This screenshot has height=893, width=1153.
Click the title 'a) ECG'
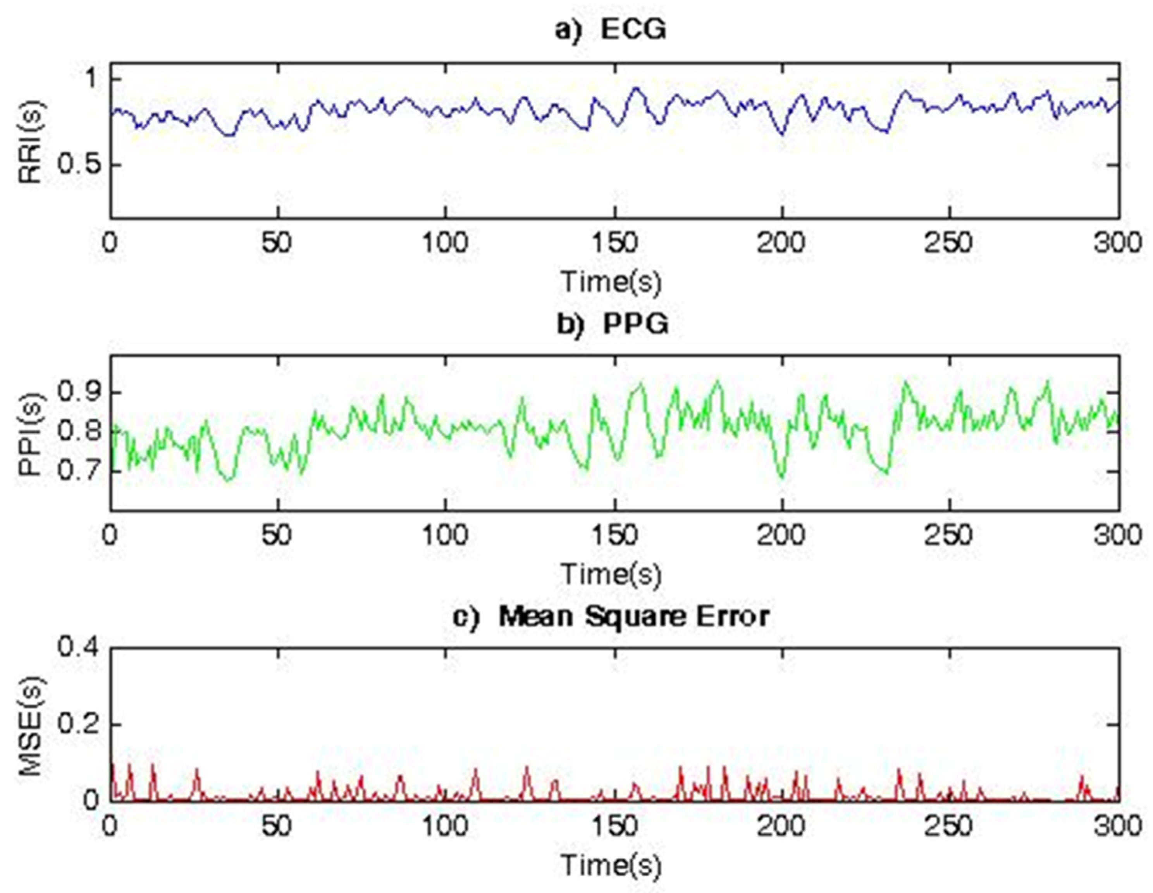pos(611,30)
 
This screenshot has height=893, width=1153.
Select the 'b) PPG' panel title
pos(613,323)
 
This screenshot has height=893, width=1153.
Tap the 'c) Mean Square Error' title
pos(611,616)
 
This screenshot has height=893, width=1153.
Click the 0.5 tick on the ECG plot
pos(79,165)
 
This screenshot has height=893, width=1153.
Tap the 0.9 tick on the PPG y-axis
pos(79,392)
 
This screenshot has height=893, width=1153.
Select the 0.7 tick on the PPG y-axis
pos(79,470)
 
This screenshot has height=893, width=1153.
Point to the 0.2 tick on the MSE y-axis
pos(79,724)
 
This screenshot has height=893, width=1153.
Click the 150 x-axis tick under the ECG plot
pos(614,243)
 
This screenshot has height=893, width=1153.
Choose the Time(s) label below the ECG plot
pos(611,281)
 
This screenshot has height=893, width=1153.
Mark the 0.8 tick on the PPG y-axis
pos(79,431)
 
